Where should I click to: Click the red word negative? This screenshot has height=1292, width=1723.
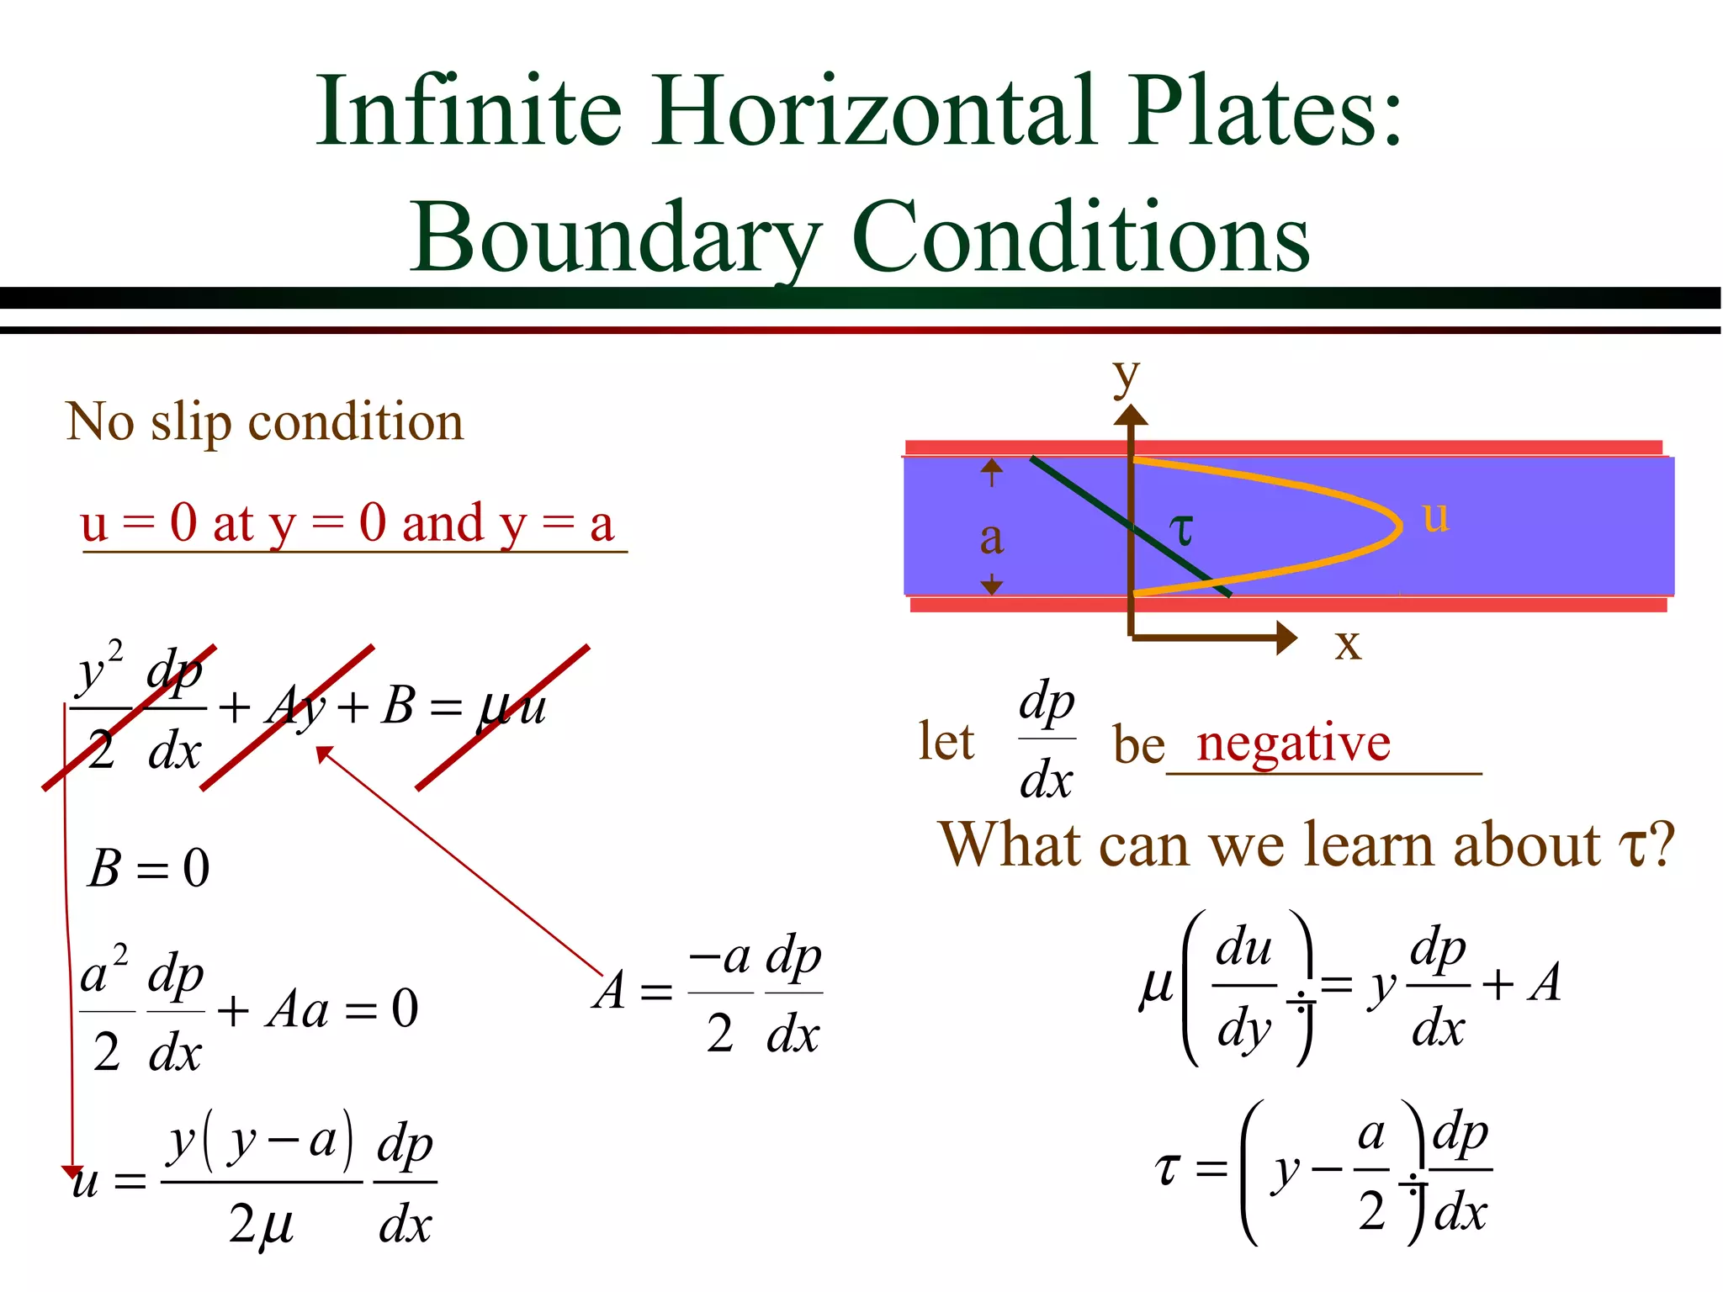coord(1293,743)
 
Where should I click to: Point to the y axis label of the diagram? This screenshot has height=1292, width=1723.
coord(1125,376)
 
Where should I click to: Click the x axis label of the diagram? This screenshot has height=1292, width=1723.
coord(1348,644)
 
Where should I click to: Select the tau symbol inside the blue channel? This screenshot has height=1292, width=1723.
coord(1182,530)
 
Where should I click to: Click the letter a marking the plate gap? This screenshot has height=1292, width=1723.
coord(992,538)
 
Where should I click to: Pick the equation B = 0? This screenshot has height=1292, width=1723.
coord(149,868)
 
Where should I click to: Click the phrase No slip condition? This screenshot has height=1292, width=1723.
coord(264,421)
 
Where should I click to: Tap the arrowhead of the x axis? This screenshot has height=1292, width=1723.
coord(1286,638)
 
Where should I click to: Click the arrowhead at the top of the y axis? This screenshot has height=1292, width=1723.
coord(1131,415)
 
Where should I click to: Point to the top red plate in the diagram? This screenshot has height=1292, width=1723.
coord(1283,447)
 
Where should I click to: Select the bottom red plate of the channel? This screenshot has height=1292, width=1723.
coord(1288,604)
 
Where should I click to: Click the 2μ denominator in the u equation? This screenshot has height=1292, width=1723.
coord(261,1224)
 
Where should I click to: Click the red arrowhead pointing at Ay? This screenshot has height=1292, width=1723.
coord(324,754)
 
